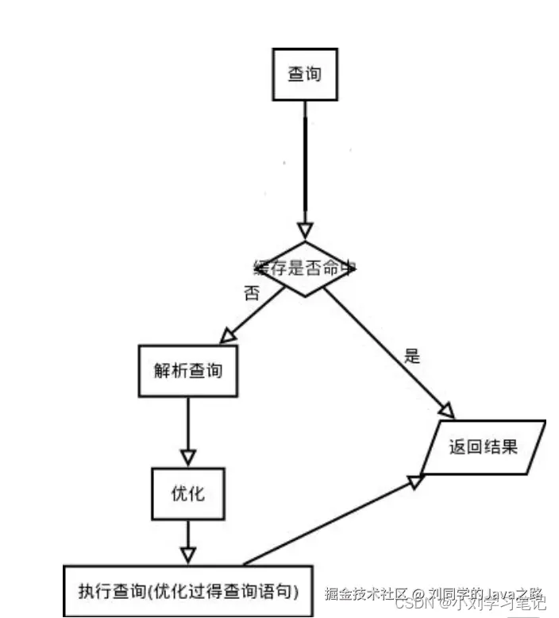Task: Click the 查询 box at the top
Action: (305, 75)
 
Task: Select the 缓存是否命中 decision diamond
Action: (304, 269)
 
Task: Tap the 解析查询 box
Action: (188, 370)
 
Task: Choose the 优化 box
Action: (188, 493)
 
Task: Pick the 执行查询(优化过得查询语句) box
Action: (188, 590)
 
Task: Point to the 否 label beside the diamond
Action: (252, 292)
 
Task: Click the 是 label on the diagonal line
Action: (411, 355)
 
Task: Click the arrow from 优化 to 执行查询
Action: (188, 537)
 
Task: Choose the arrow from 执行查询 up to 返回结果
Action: (333, 520)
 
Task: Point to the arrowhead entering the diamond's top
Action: (305, 231)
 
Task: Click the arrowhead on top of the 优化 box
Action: (188, 458)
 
